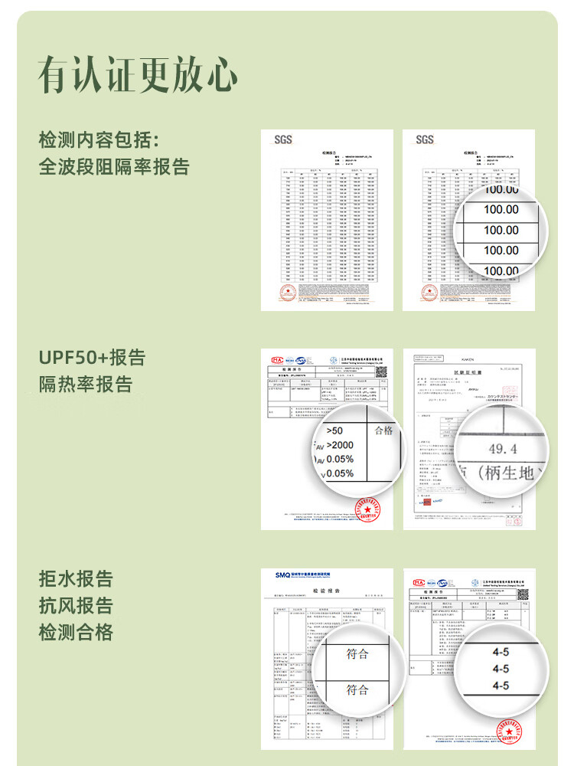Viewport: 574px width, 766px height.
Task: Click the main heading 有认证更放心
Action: (138, 75)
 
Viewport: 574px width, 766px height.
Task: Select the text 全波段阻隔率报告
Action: (114, 166)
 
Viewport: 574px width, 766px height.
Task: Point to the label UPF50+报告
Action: (92, 358)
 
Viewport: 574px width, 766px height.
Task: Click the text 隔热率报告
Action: (86, 384)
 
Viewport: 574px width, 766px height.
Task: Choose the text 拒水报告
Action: (76, 578)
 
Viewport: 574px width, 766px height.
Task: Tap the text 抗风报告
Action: (76, 605)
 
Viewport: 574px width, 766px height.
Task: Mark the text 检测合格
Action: (76, 632)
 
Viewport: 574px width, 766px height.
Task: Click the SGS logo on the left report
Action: (283, 139)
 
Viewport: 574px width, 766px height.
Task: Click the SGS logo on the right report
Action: (425, 139)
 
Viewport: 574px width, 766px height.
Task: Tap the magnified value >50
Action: (334, 430)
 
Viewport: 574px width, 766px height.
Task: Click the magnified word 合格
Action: (383, 430)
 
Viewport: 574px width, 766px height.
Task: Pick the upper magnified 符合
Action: (357, 653)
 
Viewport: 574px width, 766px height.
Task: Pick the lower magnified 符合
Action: (357, 689)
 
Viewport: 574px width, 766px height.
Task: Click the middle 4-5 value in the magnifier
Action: (501, 669)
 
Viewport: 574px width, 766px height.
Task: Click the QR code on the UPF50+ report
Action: (380, 371)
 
